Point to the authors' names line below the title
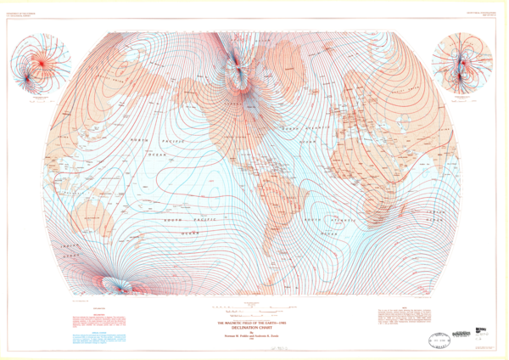(x=254, y=336)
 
